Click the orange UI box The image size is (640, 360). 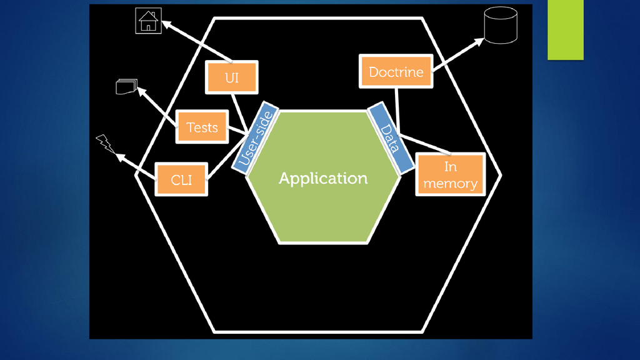[232, 77]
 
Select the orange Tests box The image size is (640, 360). [202, 127]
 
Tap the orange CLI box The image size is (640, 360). [181, 179]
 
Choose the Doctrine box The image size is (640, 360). [396, 71]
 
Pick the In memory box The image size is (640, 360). [450, 175]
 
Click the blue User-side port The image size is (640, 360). [255, 137]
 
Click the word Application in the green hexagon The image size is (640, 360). [323, 179]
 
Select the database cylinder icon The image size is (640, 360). [501, 26]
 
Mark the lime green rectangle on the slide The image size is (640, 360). [565, 29]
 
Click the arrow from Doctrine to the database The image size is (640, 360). [457, 54]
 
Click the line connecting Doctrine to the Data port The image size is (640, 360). [397, 109]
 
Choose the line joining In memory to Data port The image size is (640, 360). [425, 143]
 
